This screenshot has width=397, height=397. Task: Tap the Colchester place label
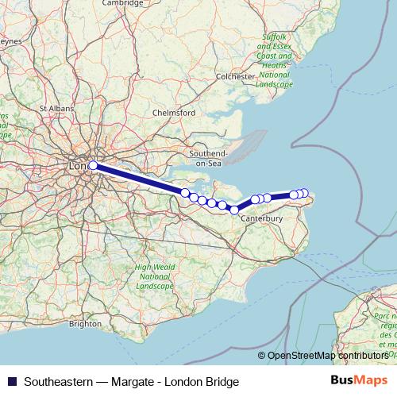[236, 76]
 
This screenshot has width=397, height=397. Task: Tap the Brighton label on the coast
[85, 324]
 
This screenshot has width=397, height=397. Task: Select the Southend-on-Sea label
[208, 157]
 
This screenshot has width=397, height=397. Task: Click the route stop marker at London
[93, 165]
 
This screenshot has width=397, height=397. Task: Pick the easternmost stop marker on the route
[304, 193]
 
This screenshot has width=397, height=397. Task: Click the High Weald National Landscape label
[154, 276]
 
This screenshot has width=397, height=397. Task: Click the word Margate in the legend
[140, 381]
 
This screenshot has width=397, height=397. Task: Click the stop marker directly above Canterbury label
[255, 200]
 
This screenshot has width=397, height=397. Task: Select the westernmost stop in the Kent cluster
[185, 193]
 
